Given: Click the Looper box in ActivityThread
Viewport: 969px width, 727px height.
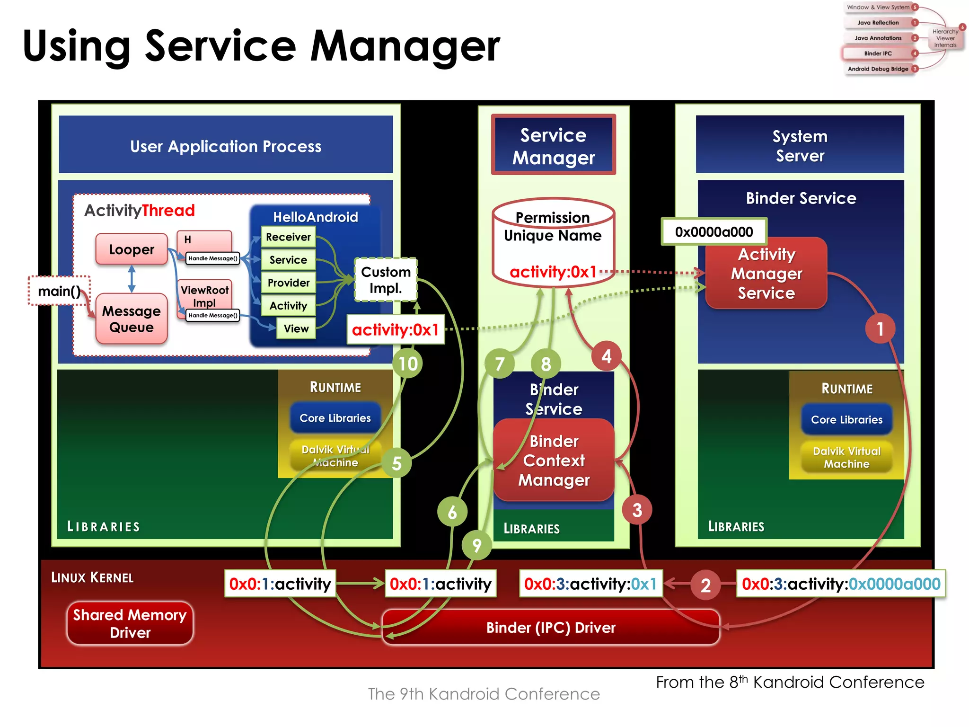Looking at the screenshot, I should (x=132, y=249).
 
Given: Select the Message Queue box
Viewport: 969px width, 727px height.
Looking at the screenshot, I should (x=132, y=319).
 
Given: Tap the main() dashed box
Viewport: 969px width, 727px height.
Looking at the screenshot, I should (x=59, y=291).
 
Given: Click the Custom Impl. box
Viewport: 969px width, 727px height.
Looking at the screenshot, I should (x=386, y=280).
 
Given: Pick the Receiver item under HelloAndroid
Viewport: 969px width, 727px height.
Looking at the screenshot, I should (x=288, y=237).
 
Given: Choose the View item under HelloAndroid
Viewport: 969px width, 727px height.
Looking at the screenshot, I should (x=296, y=328).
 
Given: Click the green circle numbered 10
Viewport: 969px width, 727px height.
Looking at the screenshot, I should (x=407, y=363).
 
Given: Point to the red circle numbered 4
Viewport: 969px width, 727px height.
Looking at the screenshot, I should (x=607, y=356).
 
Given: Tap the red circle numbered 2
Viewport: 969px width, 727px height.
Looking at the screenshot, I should (x=705, y=585).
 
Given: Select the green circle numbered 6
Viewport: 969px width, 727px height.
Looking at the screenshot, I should (x=452, y=512).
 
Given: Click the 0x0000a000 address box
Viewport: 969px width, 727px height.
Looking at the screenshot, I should (x=714, y=231).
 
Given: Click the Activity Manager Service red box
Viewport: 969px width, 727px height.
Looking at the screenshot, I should (x=766, y=274).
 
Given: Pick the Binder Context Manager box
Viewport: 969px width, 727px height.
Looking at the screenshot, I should (x=554, y=460).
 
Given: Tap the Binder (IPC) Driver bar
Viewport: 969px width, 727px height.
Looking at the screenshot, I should (x=551, y=628).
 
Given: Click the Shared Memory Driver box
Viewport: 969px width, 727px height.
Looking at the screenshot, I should (x=130, y=623).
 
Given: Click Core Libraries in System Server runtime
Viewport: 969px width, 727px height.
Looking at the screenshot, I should (x=846, y=419).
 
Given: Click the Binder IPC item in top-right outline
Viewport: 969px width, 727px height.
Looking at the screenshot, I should (x=878, y=53).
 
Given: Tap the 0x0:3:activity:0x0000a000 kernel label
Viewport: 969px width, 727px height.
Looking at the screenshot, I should (x=841, y=584).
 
